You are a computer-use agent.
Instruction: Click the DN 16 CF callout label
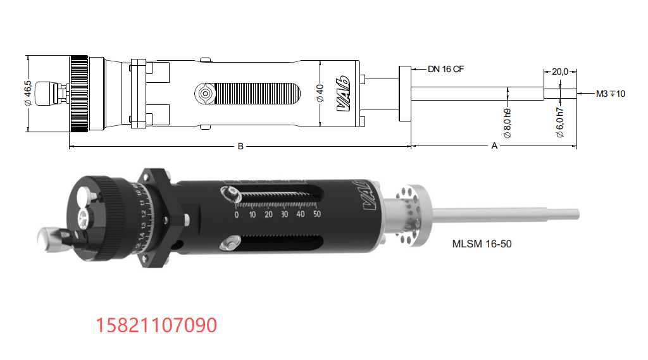(445, 69)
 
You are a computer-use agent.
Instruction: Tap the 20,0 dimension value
(560, 71)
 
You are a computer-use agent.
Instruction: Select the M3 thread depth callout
(611, 94)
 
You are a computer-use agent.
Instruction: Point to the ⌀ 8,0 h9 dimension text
(508, 123)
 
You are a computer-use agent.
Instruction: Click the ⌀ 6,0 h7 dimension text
(560, 123)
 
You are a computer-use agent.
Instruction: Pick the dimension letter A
(494, 146)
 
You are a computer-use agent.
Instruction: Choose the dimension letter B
(240, 146)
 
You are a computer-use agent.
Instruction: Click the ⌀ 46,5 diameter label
(28, 93)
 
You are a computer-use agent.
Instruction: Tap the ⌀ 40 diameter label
(320, 94)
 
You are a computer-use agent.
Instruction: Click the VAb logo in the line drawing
(344, 94)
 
